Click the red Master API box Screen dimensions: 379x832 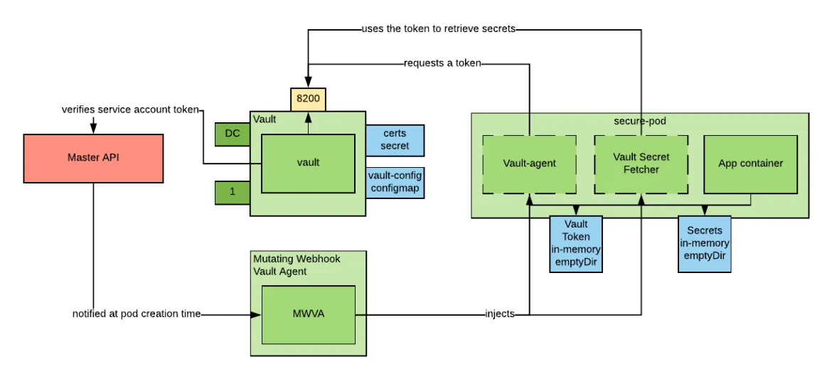pos(93,157)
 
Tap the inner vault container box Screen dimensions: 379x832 pos(308,163)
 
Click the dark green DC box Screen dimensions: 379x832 pos(231,134)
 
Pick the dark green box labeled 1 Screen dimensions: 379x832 pos(231,192)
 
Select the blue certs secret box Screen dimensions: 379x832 pos(395,140)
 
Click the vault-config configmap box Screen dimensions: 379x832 pos(395,182)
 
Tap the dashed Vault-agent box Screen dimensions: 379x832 pos(528,164)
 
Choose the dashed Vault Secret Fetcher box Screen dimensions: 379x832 pos(641,164)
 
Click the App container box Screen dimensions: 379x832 pos(750,164)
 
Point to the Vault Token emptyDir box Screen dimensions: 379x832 pos(576,244)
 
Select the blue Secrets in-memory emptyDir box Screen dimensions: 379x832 pos(704,244)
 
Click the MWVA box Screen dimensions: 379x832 pos(308,314)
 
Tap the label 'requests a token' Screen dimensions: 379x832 pos(442,63)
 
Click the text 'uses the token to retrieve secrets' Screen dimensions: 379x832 pos(437,29)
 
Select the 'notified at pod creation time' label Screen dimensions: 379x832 pos(136,314)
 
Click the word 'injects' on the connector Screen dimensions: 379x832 pos(500,314)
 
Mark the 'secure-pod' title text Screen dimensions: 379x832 pos(640,120)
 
